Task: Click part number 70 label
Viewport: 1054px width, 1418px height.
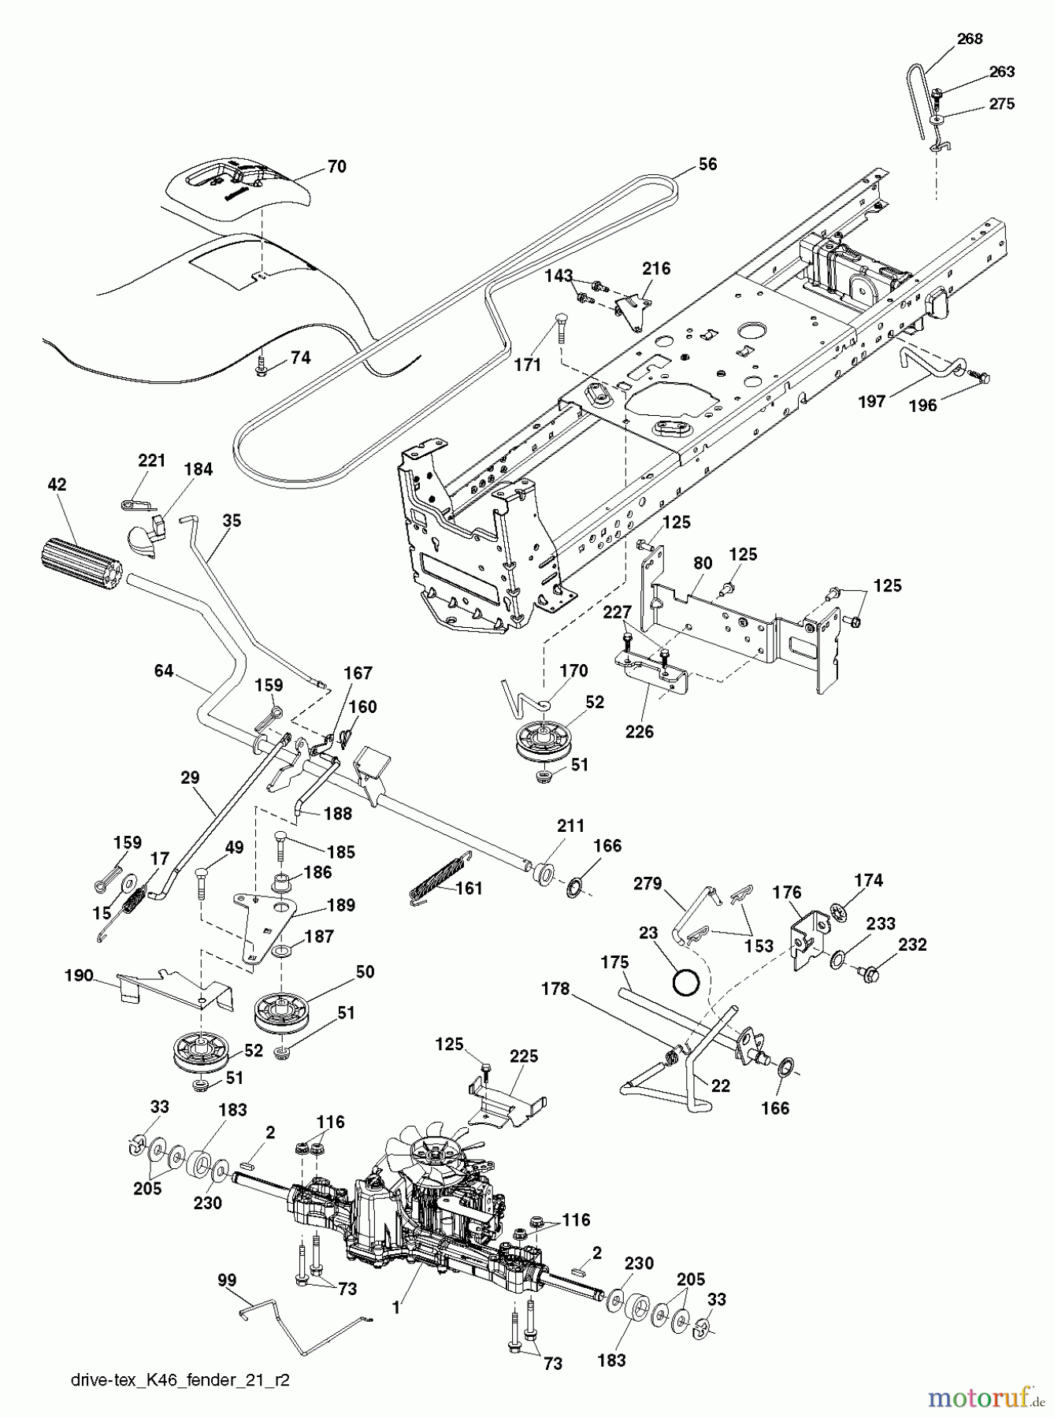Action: pos(336,167)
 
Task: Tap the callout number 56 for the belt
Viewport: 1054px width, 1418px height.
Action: pos(707,164)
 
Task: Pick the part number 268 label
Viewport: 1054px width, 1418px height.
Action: pos(970,39)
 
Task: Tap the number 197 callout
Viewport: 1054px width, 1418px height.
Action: pos(871,402)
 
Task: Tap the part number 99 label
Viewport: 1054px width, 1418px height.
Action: pos(227,1281)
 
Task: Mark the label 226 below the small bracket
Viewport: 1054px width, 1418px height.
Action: pos(639,731)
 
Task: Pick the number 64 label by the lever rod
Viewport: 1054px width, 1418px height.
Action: pos(164,671)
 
